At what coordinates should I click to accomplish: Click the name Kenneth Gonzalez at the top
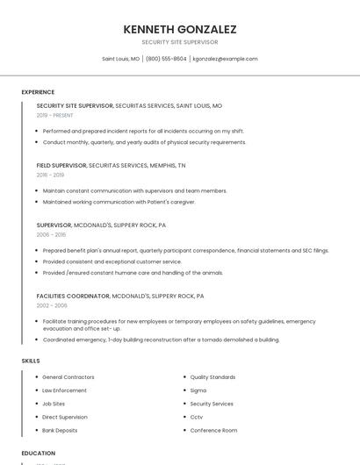click(180, 29)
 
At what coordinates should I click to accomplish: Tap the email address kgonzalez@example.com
click(225, 59)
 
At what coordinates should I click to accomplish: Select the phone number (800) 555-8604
click(166, 59)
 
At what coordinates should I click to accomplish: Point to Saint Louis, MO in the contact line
click(121, 59)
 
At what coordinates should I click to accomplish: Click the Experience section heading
click(38, 92)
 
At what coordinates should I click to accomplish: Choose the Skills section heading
click(31, 361)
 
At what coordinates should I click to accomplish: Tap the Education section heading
click(39, 454)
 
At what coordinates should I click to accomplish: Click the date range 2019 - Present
click(54, 115)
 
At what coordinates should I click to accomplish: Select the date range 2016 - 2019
click(50, 175)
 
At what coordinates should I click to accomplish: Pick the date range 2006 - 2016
click(51, 234)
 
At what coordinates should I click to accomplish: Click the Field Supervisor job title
click(61, 165)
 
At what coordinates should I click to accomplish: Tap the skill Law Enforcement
click(64, 390)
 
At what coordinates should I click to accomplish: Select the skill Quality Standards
click(212, 377)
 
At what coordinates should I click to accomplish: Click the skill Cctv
click(197, 417)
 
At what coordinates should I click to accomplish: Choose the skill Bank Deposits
click(60, 430)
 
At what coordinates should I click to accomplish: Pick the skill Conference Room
click(213, 430)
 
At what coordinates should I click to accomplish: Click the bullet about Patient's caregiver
click(119, 202)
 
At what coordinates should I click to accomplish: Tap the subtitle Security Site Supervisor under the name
click(180, 42)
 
